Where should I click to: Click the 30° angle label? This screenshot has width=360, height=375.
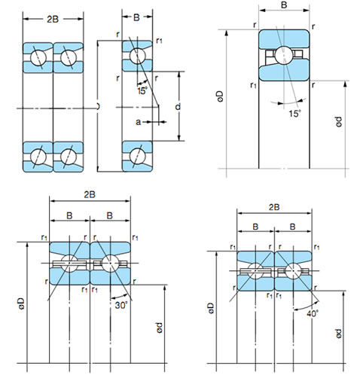coord(121,305)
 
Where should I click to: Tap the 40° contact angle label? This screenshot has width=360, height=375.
coord(313,313)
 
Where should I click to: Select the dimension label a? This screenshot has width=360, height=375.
coord(138,122)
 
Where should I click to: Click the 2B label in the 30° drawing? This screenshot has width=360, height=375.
coord(90,194)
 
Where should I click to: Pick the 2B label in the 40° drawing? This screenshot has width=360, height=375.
coord(274,207)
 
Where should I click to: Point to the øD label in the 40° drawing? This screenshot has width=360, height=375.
coord(211,308)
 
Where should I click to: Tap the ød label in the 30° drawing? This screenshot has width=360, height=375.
coord(160,328)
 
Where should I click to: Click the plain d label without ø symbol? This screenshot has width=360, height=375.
coord(178,107)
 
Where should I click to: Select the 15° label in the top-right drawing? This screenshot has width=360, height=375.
coord(294,114)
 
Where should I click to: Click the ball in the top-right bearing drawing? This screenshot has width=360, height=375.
coord(284,55)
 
